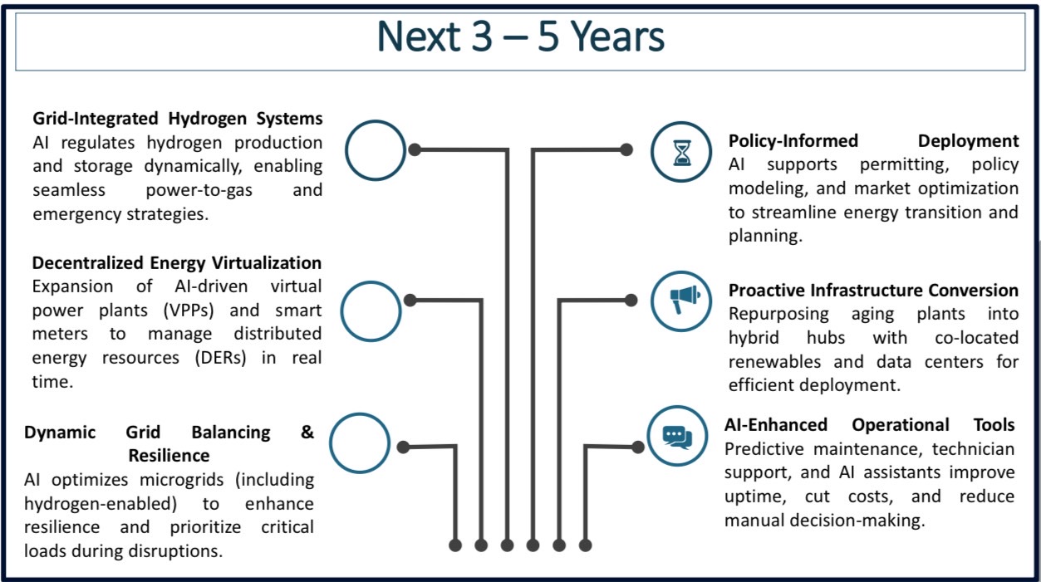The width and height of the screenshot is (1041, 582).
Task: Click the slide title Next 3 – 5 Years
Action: pos(520,37)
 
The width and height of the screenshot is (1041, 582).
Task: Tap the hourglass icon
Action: pos(682,153)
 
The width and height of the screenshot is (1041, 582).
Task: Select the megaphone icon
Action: pos(685,299)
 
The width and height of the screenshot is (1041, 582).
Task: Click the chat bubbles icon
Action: pos(677,437)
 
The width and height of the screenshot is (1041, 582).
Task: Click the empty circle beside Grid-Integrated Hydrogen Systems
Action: pos(346,150)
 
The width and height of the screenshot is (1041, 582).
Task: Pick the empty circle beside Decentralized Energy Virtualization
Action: pos(342,311)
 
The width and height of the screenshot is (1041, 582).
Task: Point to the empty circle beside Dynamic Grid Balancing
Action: pos(331,443)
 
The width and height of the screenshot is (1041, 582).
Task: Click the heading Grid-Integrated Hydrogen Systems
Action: pos(178,119)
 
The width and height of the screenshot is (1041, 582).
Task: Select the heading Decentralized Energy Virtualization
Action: pos(177,263)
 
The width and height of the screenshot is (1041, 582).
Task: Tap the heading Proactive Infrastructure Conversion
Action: pos(873,291)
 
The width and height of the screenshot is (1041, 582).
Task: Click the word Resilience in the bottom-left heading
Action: pos(169,456)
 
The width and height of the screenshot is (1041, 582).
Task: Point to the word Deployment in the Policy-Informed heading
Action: pos(968,141)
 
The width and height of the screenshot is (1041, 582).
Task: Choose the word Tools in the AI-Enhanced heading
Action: pos(994,425)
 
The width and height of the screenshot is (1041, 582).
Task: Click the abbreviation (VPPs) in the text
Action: pos(189,311)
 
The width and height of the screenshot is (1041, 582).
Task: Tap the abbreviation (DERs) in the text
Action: pos(220,358)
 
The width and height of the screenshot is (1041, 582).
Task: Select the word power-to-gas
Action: pos(199,190)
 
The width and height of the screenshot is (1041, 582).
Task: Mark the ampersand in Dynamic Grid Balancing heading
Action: pos(307,432)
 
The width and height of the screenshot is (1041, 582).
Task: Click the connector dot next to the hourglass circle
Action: pos(626,149)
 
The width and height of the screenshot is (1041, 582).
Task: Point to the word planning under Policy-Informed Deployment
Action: pos(765,237)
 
